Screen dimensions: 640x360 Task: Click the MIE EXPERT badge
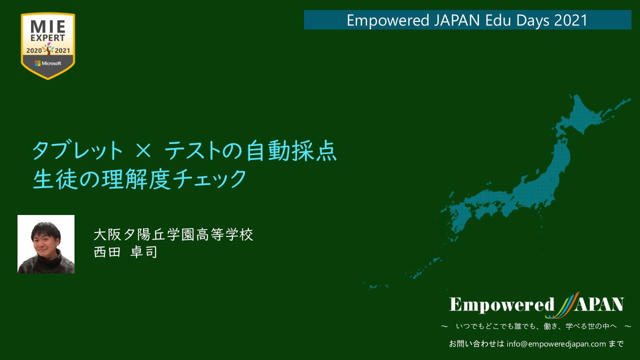tap(48, 46)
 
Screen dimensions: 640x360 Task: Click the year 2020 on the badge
tap(34, 51)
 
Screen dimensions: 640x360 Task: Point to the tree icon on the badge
tap(48, 48)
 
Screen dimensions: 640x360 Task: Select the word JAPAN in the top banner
tap(456, 20)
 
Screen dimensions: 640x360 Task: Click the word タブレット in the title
tap(77, 150)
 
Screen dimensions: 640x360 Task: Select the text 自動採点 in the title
tap(291, 150)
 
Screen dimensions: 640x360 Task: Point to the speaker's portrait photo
tap(46, 244)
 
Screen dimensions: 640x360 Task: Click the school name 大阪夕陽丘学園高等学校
tap(173, 234)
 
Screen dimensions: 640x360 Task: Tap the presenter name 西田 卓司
tap(125, 252)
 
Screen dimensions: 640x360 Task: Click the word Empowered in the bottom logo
tap(501, 304)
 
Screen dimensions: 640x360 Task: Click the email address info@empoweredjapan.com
tap(556, 343)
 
